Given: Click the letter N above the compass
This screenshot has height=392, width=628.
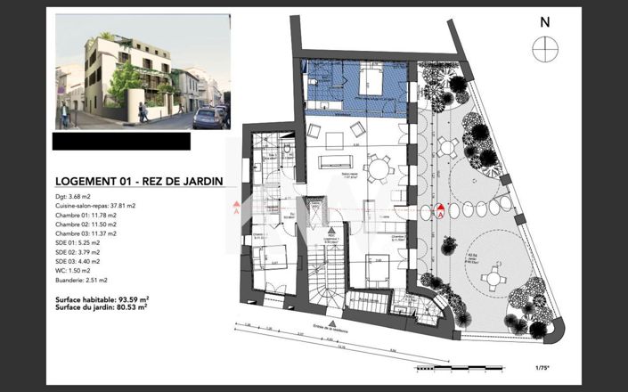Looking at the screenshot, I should [545, 22].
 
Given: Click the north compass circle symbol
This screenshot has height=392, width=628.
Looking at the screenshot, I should [544, 49].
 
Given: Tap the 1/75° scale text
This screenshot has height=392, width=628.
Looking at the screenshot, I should [541, 367].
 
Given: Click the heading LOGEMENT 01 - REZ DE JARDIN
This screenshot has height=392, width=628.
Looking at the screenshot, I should [138, 181].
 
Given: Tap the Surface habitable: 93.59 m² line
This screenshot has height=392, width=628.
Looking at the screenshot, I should [102, 298].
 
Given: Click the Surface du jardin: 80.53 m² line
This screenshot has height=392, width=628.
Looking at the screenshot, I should [101, 307].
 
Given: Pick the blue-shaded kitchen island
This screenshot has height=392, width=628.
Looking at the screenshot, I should [370, 84].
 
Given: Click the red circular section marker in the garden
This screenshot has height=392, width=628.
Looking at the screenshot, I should [439, 210].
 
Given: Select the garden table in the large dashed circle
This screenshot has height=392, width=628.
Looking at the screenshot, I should [492, 279].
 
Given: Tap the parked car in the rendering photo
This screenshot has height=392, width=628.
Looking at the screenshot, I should [209, 117].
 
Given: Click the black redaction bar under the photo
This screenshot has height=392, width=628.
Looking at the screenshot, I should [121, 141].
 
